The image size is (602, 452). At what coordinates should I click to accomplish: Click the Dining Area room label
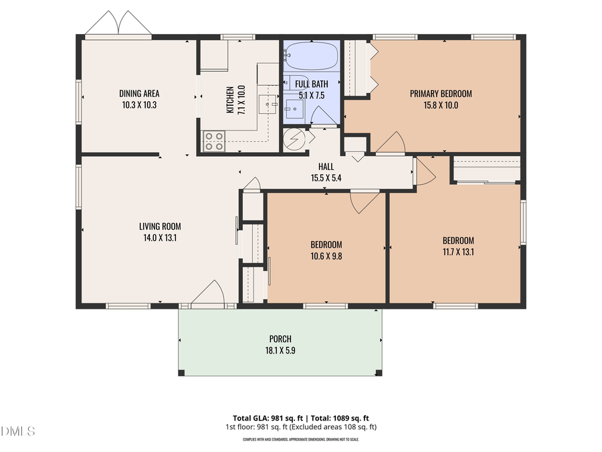(139, 94)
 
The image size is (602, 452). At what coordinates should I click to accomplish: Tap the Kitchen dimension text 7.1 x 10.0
(241, 99)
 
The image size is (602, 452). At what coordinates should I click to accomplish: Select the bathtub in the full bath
(312, 57)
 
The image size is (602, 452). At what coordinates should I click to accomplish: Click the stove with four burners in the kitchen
(214, 141)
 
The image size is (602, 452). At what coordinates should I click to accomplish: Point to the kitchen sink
(268, 104)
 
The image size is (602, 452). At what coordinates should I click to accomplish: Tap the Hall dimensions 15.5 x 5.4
(326, 178)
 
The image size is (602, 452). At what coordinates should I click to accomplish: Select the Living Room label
(160, 226)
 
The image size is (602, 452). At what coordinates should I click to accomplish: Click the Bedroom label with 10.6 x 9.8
(326, 244)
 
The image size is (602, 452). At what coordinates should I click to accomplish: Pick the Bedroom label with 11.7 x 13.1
(458, 241)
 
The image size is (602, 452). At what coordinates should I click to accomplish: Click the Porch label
(280, 339)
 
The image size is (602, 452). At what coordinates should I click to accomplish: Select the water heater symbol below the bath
(294, 139)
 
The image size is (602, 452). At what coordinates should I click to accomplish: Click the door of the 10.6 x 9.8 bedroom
(364, 200)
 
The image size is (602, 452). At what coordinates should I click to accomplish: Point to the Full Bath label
(311, 84)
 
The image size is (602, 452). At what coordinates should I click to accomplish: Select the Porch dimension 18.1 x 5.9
(280, 350)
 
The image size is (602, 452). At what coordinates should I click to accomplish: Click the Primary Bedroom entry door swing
(391, 143)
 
